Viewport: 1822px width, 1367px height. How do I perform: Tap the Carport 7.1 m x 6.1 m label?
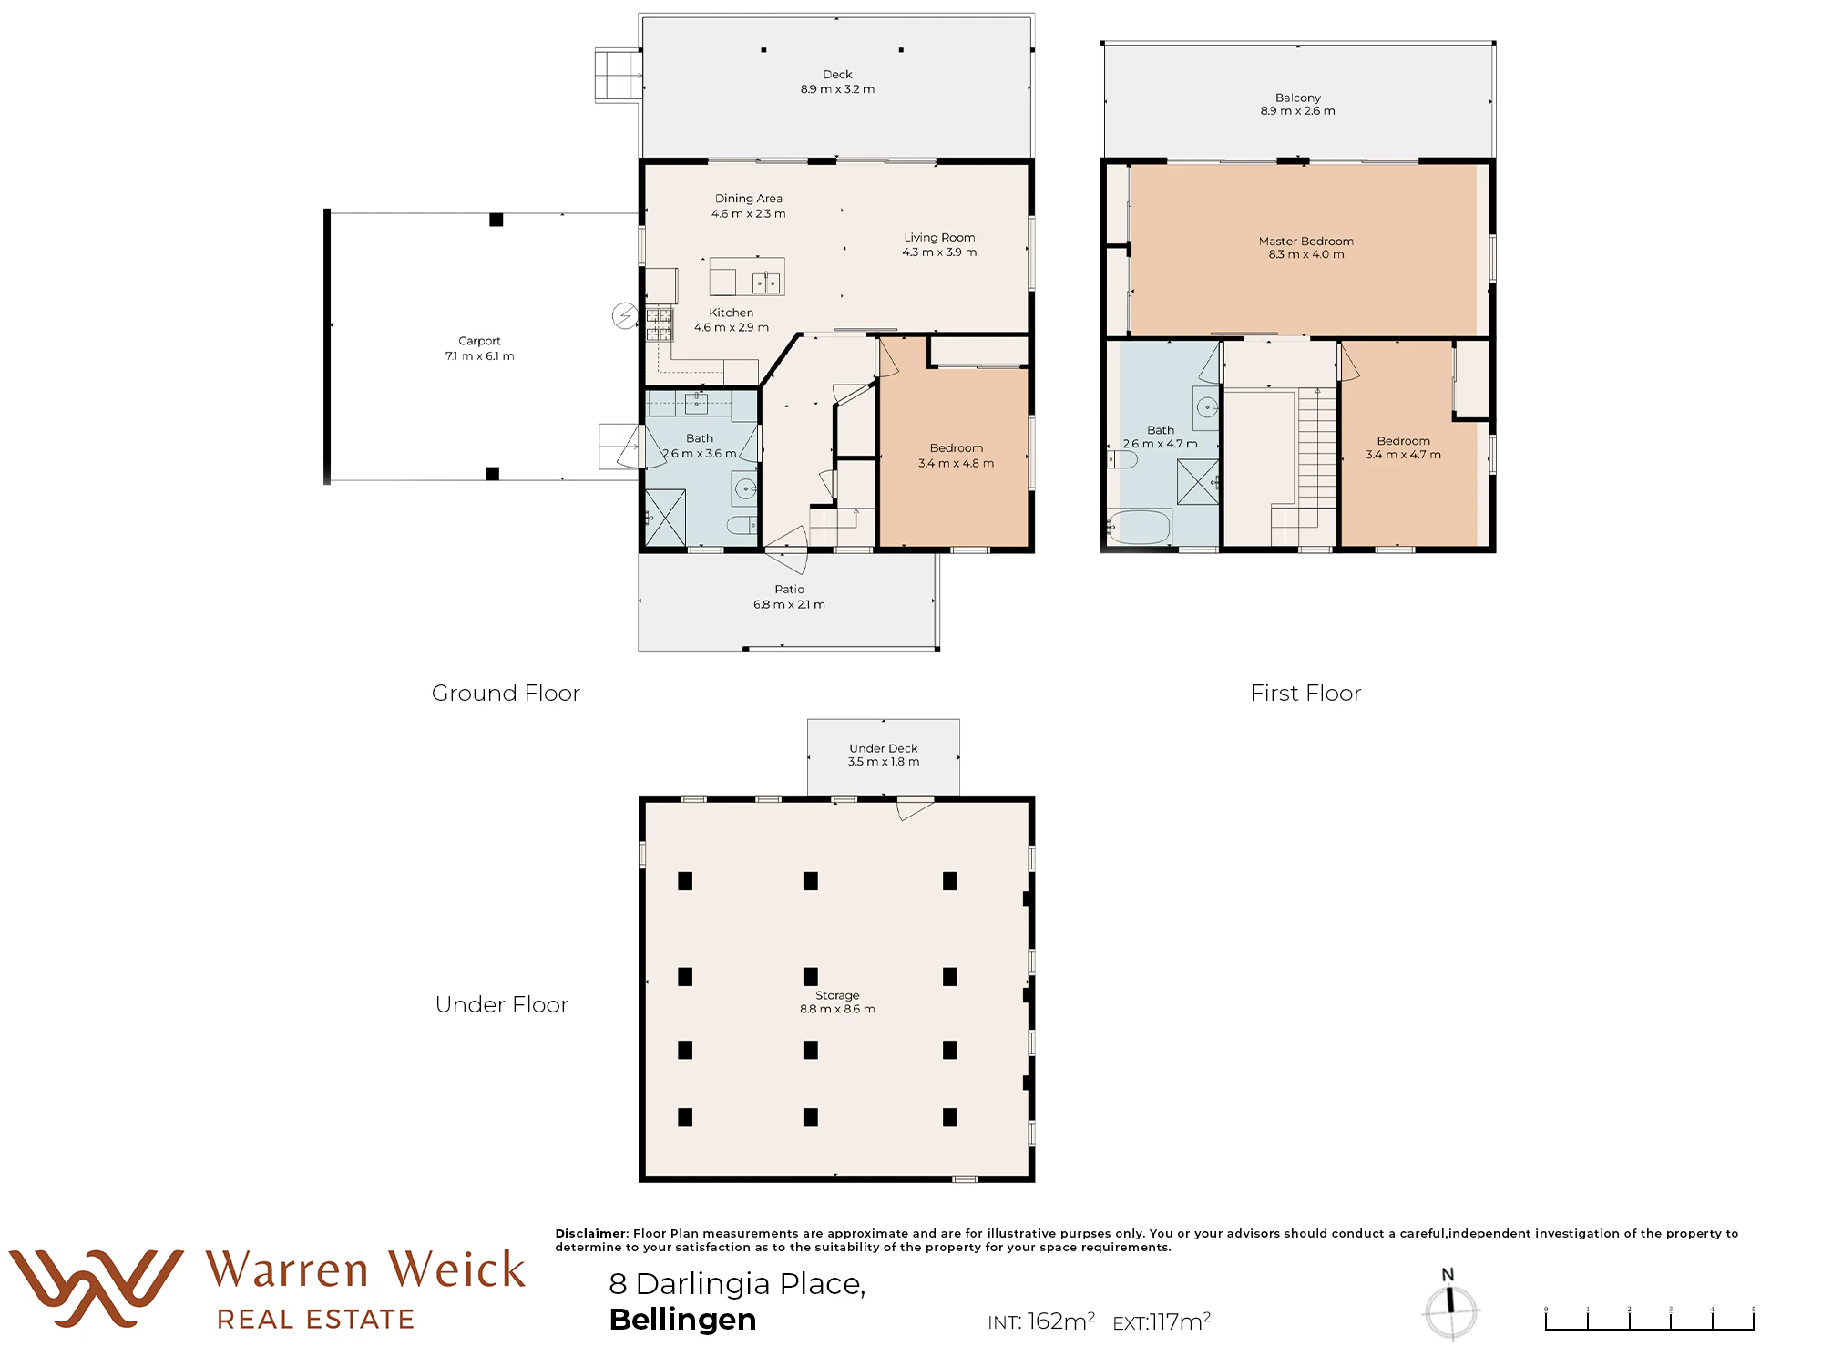[x=479, y=348]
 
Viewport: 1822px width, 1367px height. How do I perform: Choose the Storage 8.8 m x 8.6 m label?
[x=837, y=1002]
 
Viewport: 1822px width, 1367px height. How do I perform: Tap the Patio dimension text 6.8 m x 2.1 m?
[x=789, y=604]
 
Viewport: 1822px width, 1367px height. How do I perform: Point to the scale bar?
[x=1649, y=1319]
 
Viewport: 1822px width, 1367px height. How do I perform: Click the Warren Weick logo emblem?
[x=96, y=1288]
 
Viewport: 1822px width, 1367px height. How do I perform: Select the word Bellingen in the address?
[x=682, y=1320]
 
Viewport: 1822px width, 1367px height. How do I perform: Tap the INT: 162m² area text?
[x=1041, y=1321]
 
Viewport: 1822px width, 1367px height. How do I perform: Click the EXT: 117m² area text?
[x=1162, y=1321]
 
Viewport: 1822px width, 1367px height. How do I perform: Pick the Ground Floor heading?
[x=506, y=693]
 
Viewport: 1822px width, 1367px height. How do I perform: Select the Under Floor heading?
[x=502, y=1004]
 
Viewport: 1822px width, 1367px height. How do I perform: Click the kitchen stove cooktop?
[x=660, y=324]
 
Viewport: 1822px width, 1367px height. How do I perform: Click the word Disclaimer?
[x=592, y=1233]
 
